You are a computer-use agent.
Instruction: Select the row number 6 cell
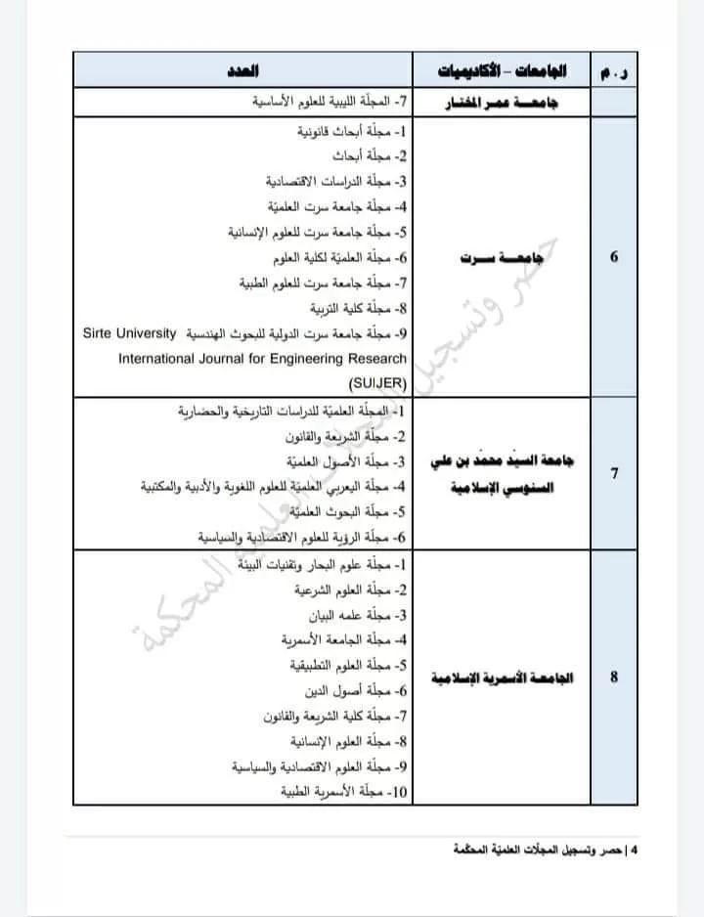(614, 256)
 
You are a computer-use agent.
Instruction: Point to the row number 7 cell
(614, 473)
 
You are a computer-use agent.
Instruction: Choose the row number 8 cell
(614, 677)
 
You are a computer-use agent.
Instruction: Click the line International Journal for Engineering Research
(262, 359)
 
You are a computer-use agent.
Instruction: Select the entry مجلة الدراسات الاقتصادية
(336, 181)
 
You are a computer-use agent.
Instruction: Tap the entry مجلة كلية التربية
(358, 308)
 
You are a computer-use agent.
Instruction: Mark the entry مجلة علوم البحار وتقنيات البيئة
(329, 564)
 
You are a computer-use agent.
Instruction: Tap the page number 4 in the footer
(636, 851)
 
